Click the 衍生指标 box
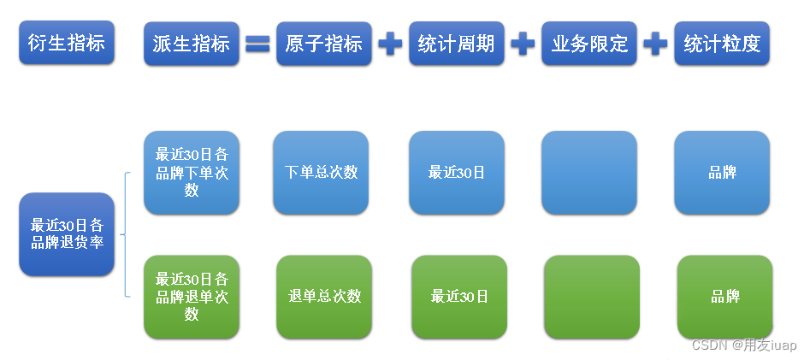66,43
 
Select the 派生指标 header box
191,44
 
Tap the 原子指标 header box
323,44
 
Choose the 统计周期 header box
456,44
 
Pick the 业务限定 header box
589,44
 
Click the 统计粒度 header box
722,44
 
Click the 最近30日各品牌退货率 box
67,233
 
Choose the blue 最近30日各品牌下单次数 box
192,172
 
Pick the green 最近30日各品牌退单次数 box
192,296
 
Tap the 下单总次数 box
321,172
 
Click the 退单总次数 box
324,296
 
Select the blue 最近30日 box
457,172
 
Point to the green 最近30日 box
459,296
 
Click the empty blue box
589,172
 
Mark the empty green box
592,296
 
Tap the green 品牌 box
724,296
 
